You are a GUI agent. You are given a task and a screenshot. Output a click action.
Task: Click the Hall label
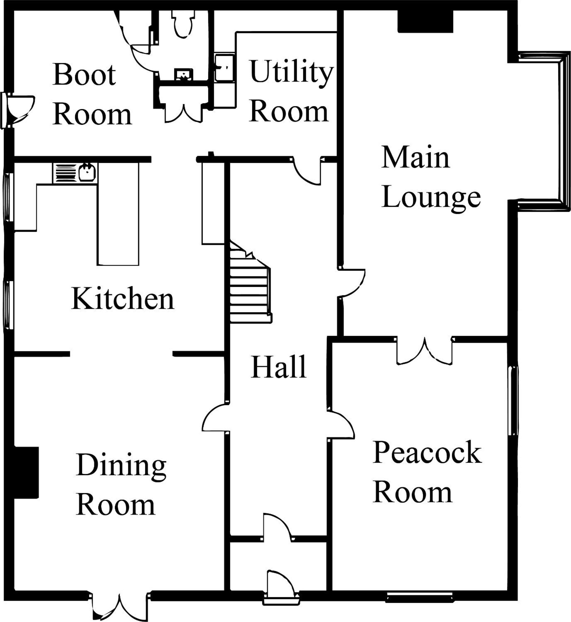point(278,367)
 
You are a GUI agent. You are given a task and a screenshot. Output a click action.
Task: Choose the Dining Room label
point(121,484)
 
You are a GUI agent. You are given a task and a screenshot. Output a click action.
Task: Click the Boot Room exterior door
point(19,110)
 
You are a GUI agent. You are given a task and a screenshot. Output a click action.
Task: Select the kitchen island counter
point(118,214)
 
